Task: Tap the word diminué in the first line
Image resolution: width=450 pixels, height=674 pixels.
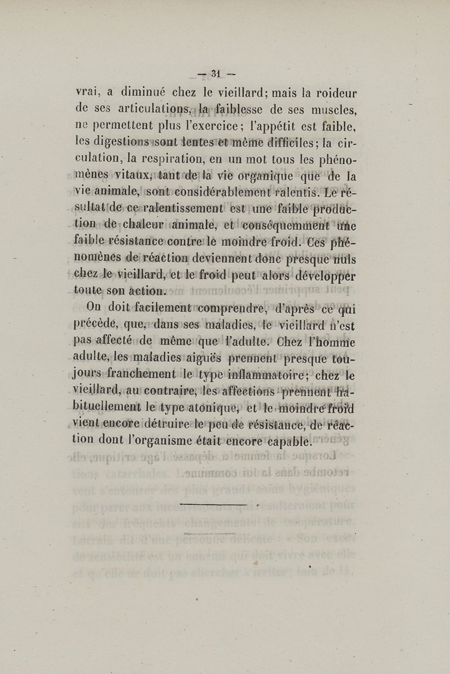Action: pyautogui.click(x=134, y=92)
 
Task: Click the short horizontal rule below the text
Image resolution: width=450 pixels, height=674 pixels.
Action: pyautogui.click(x=213, y=504)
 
